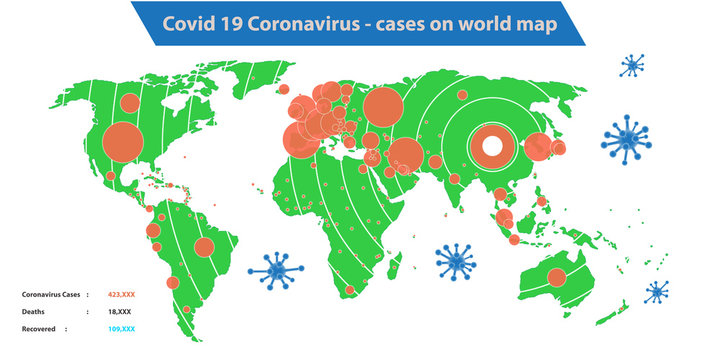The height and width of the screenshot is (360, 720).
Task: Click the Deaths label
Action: coord(34,311)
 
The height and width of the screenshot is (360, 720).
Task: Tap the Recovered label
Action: coord(39,328)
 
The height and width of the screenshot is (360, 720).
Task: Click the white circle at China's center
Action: coord(492,145)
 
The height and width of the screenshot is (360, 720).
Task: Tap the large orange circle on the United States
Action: coord(123,141)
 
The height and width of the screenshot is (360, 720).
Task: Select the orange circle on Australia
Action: coord(556,277)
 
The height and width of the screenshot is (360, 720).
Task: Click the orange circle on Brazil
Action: coord(204,247)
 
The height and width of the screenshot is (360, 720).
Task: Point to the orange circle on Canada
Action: coord(128,102)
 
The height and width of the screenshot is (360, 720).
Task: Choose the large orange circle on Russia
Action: coord(383,105)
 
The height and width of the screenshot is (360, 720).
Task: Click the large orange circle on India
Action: coord(405,154)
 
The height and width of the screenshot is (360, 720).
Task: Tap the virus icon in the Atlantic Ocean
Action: coord(274,268)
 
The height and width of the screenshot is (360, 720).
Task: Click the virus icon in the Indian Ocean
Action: coord(456,261)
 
